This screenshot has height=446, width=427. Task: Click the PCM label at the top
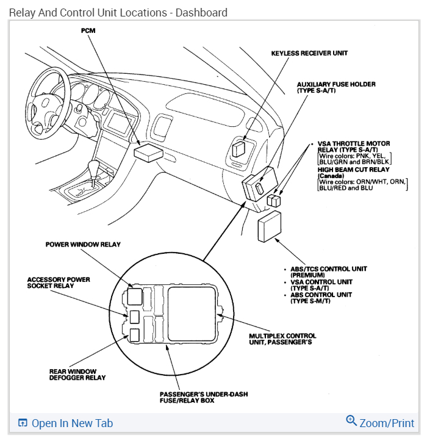coord(88,31)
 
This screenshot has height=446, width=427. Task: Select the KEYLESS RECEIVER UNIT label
coord(309,54)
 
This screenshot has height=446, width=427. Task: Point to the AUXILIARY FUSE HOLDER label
coord(335,87)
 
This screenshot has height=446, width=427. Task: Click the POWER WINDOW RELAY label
coord(83,245)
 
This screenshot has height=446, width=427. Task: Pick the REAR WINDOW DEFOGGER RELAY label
coord(77,374)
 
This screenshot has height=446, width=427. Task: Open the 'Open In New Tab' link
coord(72,423)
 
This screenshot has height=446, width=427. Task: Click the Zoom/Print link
coord(387,423)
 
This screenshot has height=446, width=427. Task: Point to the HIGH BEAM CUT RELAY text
coord(353,170)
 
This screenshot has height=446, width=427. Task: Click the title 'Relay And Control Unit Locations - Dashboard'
coord(118,12)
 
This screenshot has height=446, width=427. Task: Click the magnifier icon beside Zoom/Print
coord(351,421)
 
